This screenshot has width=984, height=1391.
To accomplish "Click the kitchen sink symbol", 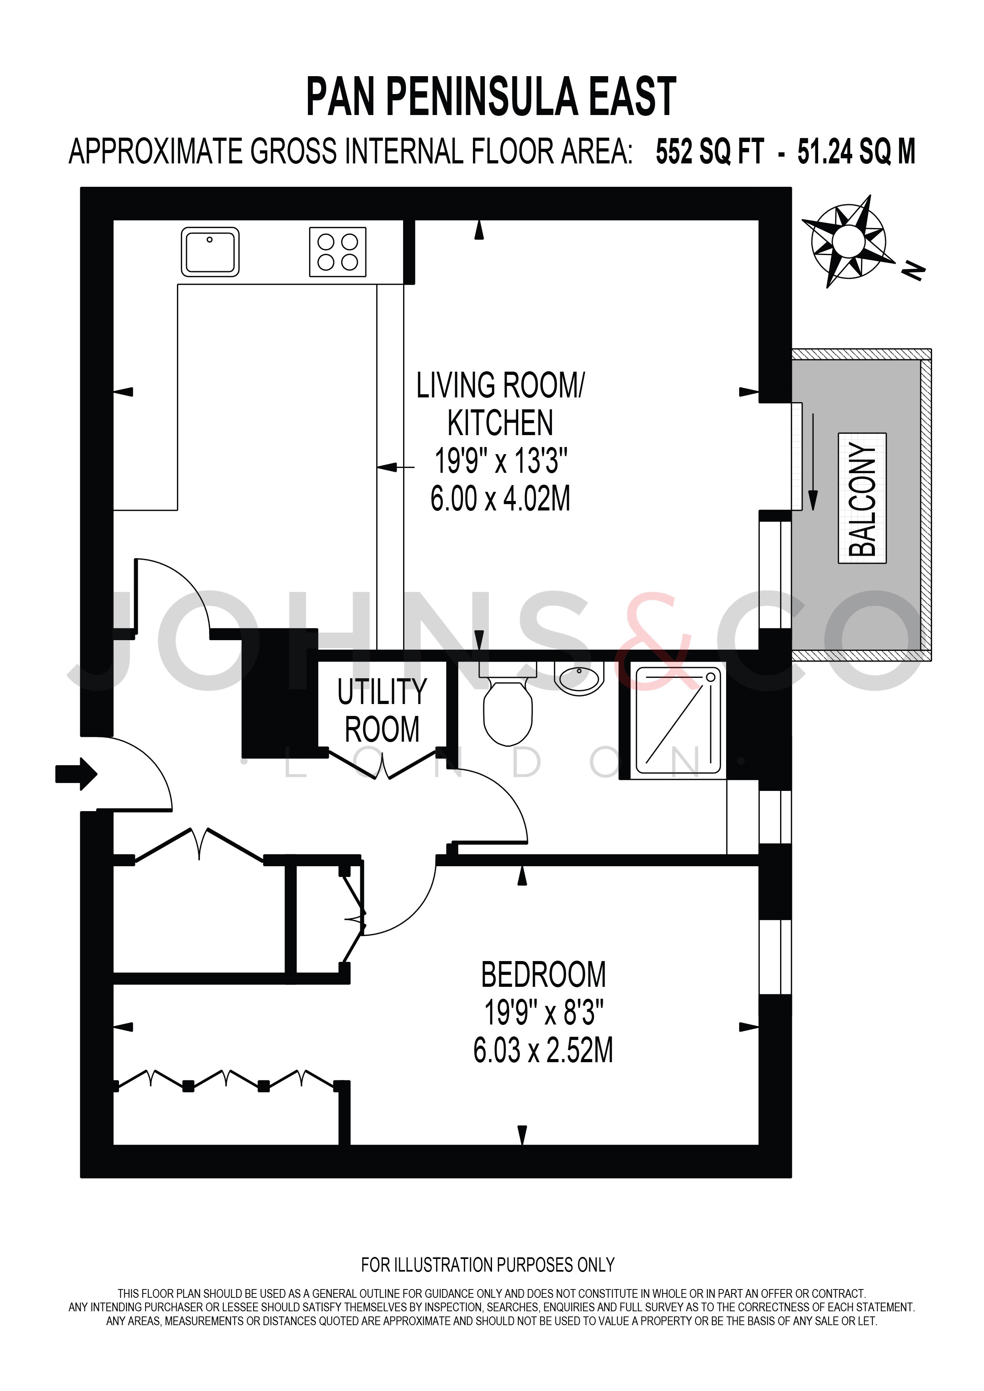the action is (209, 252).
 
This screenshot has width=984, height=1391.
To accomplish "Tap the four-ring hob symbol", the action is (338, 252).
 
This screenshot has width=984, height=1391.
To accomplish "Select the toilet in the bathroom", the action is (508, 703).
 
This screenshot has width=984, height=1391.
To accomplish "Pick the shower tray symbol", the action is (678, 723).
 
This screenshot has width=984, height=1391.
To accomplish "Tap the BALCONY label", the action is (862, 498).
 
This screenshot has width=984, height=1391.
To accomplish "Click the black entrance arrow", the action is (76, 774).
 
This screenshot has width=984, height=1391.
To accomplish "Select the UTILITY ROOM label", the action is (382, 711).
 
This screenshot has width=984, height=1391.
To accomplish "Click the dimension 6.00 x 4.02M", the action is (500, 499).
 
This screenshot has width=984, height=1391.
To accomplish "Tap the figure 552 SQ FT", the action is (709, 152).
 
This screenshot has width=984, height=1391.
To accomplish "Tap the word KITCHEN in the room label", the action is (500, 423).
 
